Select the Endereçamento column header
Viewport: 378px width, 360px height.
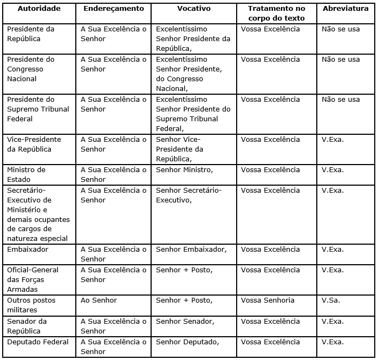(x=114, y=8)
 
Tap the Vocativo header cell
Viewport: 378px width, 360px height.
(x=193, y=8)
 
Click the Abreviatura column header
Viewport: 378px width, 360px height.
(x=346, y=8)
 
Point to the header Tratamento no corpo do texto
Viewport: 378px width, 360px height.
(x=276, y=13)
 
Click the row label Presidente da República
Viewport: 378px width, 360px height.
(x=31, y=34)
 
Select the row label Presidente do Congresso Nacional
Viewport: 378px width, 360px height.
(x=31, y=69)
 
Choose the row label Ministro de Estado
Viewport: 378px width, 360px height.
(x=26, y=174)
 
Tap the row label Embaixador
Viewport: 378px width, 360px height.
(x=28, y=250)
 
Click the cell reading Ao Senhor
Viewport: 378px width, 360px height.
(x=99, y=300)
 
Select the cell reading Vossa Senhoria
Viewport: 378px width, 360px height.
(x=268, y=300)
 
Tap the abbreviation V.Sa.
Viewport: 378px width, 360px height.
(x=331, y=300)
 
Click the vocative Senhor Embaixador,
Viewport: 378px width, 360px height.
(x=191, y=250)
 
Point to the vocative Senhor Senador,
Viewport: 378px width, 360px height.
(x=185, y=321)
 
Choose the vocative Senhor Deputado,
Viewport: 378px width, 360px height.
(x=187, y=342)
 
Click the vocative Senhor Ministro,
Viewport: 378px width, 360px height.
(x=185, y=169)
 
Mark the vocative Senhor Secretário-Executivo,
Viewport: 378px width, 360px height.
(x=188, y=195)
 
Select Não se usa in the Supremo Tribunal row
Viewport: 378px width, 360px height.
(x=341, y=99)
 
